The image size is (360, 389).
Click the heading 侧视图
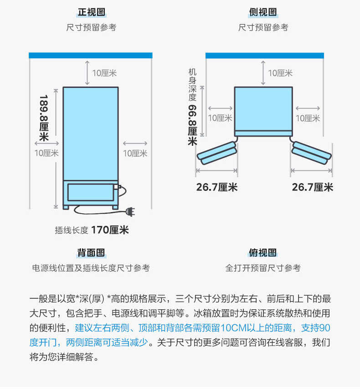(x=263, y=12)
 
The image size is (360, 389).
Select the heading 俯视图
(x=263, y=253)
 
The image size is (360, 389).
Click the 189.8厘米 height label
(x=44, y=118)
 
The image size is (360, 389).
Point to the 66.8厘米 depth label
(x=192, y=125)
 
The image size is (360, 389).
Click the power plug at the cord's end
(x=130, y=211)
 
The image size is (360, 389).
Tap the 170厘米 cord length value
(x=110, y=230)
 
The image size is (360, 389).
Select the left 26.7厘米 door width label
(x=216, y=187)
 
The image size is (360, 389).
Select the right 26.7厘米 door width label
(x=312, y=187)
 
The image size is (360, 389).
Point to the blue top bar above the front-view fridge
(x=90, y=55)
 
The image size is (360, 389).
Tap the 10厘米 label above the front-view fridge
(x=104, y=73)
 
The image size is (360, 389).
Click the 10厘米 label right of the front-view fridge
(x=135, y=154)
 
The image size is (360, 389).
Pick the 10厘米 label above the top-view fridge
(x=280, y=73)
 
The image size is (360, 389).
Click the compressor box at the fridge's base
(x=90, y=192)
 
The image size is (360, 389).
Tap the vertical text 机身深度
(x=192, y=85)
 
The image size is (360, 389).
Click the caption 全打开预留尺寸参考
(x=263, y=268)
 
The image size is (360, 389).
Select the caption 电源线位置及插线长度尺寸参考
(x=91, y=268)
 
